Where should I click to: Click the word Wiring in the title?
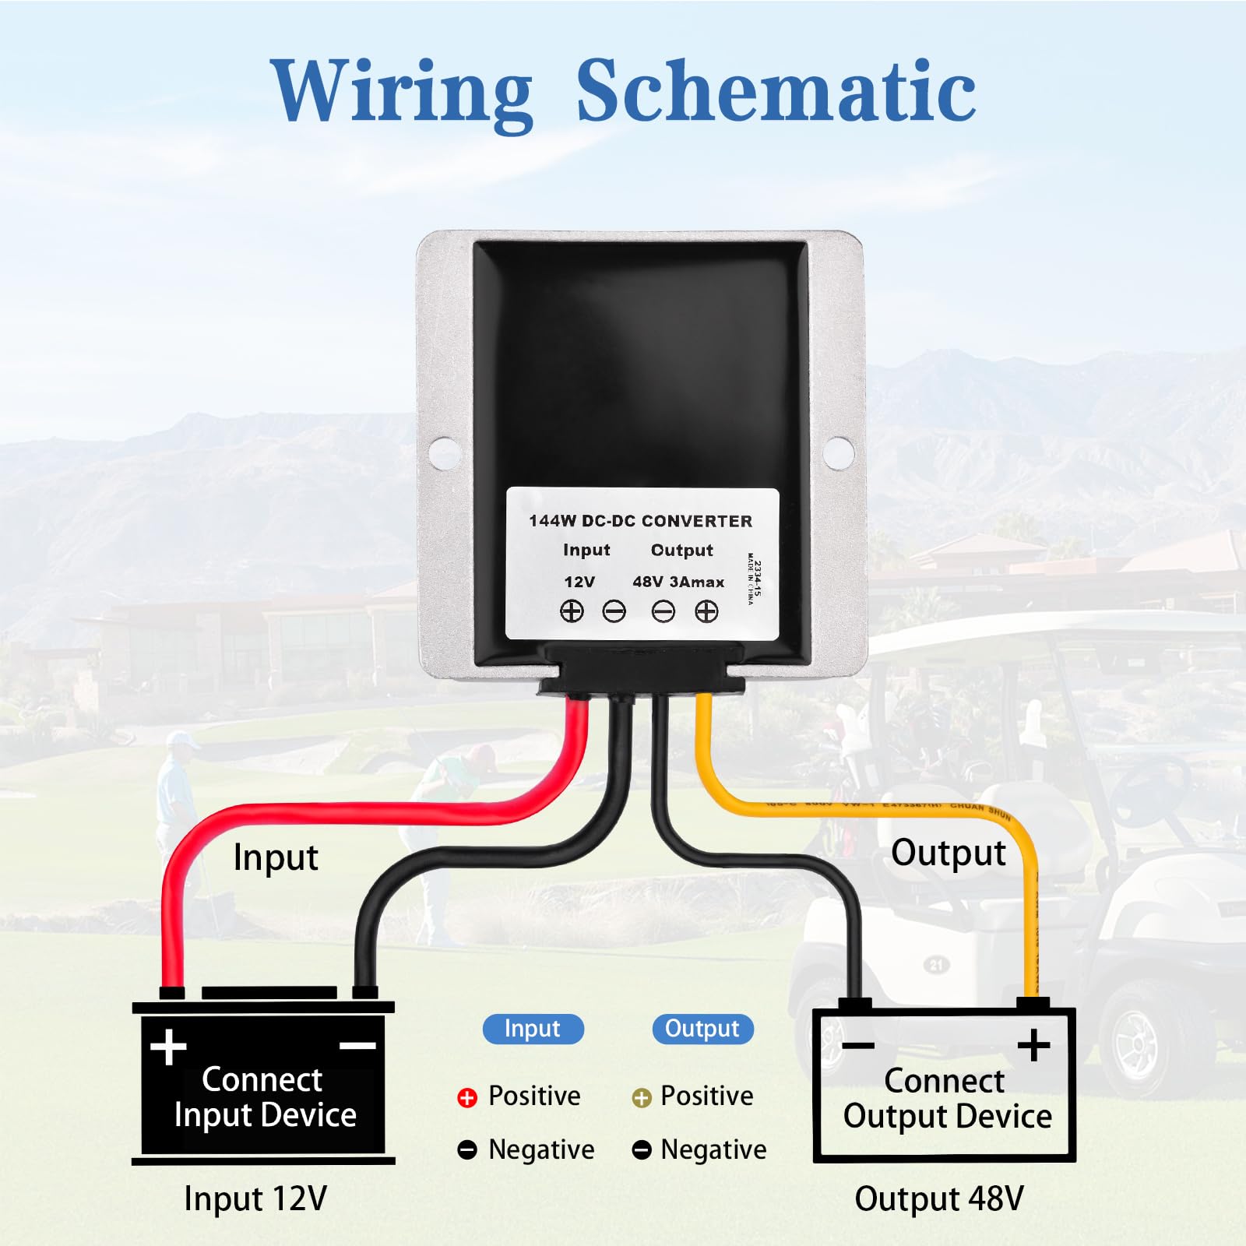click(x=402, y=92)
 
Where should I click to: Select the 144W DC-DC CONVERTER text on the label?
click(x=640, y=521)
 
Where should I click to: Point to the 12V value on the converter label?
click(x=579, y=582)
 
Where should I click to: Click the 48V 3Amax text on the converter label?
click(x=678, y=582)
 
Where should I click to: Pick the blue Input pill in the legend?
click(x=533, y=1029)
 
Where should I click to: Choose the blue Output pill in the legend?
click(x=702, y=1029)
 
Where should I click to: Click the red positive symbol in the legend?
click(x=467, y=1097)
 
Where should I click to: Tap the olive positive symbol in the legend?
click(x=641, y=1097)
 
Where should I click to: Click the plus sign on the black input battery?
click(x=168, y=1047)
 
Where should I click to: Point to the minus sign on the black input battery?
click(x=358, y=1046)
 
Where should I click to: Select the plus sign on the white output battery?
click(x=1034, y=1044)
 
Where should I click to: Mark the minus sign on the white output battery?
click(x=858, y=1045)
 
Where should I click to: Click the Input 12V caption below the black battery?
click(x=255, y=1198)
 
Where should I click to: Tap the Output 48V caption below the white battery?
click(x=939, y=1198)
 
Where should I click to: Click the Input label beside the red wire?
click(x=276, y=857)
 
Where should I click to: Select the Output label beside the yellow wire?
click(x=948, y=853)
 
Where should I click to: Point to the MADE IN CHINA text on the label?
click(x=751, y=579)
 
